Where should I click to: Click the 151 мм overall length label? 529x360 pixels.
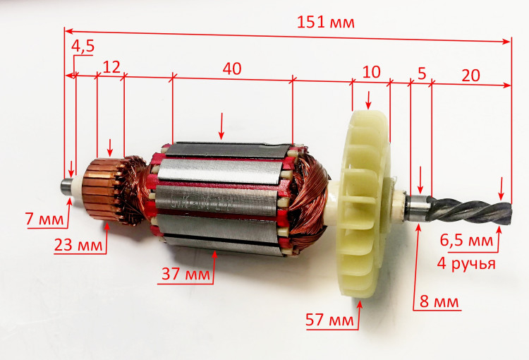tap(326, 23)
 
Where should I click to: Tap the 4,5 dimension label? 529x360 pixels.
tap(83, 46)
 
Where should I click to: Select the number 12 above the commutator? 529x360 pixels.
tap(111, 67)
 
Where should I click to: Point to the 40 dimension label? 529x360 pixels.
tap(232, 68)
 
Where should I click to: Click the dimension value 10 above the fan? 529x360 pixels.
tap(371, 72)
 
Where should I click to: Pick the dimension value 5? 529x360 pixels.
tap(422, 73)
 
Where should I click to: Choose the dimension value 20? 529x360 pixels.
tap(470, 76)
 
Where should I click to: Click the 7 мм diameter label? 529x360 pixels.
tap(44, 219)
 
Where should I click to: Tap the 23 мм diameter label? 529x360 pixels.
tap(78, 245)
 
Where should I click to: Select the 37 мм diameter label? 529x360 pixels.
tap(186, 274)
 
